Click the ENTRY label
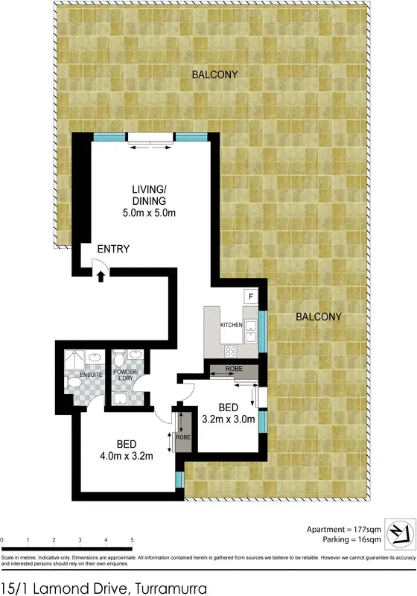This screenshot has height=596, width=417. click(x=113, y=249)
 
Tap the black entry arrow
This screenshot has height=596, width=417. click(x=101, y=276)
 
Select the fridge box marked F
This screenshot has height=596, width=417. click(x=251, y=297)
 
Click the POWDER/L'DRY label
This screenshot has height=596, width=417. click(x=125, y=374)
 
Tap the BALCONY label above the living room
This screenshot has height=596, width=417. click(x=214, y=74)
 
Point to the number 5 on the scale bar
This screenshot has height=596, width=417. click(x=132, y=539)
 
